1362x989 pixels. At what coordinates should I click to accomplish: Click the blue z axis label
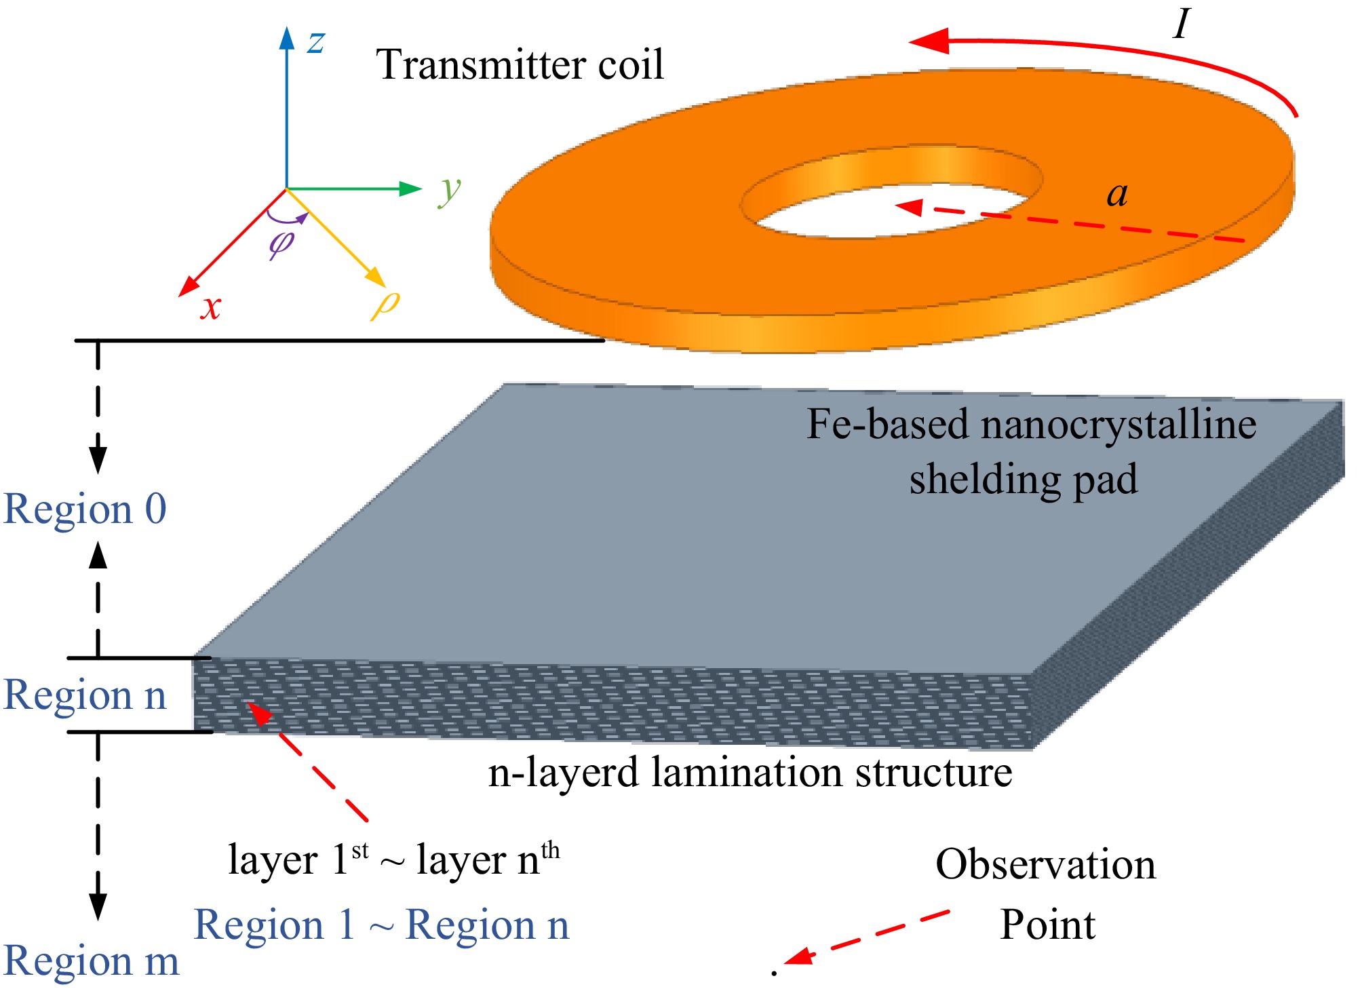pyautogui.click(x=316, y=42)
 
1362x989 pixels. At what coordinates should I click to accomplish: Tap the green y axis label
pyautogui.click(x=450, y=191)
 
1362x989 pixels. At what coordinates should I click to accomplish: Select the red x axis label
pyautogui.click(x=211, y=307)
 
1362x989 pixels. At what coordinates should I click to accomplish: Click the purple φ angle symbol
pyautogui.click(x=281, y=242)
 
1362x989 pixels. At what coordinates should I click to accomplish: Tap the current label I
pyautogui.click(x=1181, y=24)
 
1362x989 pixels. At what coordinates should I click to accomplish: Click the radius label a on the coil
pyautogui.click(x=1117, y=195)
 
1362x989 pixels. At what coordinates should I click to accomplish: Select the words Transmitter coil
pyautogui.click(x=520, y=65)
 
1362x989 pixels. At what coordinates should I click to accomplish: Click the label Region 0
pyautogui.click(x=85, y=509)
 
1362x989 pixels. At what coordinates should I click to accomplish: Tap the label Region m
pyautogui.click(x=92, y=961)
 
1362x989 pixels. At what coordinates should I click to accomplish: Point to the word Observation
pyautogui.click(x=1045, y=865)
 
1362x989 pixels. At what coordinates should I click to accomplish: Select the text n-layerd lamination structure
pyautogui.click(x=750, y=773)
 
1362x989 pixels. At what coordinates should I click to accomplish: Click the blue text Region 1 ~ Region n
pyautogui.click(x=381, y=925)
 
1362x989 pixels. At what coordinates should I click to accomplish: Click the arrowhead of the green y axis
pyautogui.click(x=411, y=189)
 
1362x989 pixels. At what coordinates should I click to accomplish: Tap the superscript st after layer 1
pyautogui.click(x=360, y=850)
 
